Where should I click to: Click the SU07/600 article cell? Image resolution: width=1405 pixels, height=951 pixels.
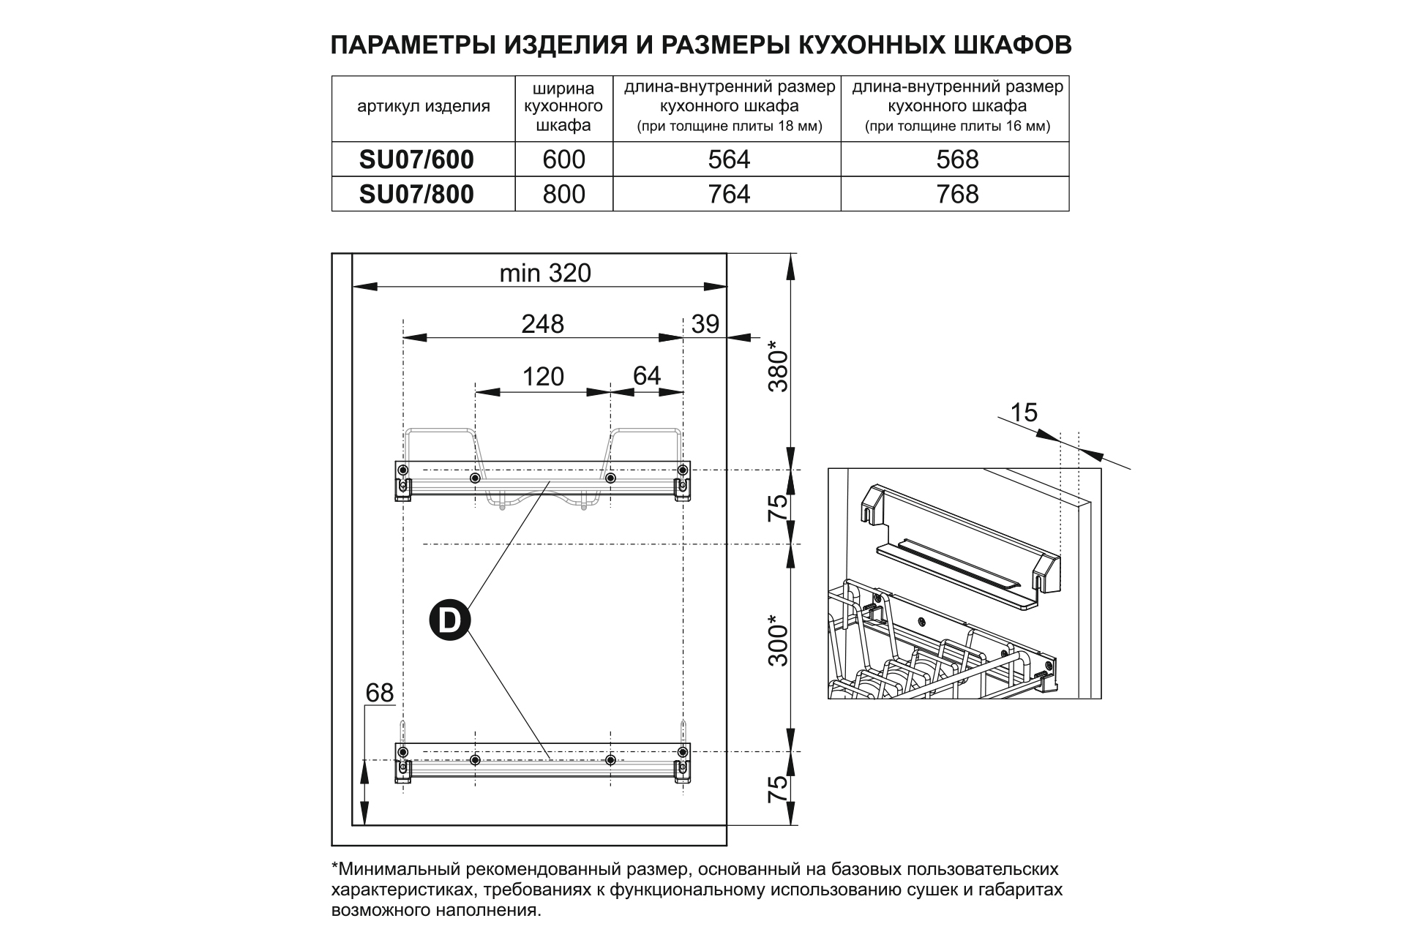416,159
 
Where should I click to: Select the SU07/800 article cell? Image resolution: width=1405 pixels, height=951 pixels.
416,194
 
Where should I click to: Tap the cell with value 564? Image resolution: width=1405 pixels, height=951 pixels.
729,159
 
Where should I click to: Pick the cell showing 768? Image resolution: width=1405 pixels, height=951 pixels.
957,194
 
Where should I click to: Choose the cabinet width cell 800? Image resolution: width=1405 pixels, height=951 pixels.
564,194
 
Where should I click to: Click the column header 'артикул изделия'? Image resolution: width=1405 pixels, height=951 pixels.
423,107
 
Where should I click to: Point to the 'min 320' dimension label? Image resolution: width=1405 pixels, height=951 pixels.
544,273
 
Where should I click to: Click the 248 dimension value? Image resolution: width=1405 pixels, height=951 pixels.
542,323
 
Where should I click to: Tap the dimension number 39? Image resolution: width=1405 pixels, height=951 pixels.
705,323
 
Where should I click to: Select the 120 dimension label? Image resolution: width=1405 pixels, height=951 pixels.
543,376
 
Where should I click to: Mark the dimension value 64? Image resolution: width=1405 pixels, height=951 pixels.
646,375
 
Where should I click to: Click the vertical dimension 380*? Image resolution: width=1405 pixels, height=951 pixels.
779,367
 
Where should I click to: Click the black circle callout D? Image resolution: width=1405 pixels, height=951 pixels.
449,620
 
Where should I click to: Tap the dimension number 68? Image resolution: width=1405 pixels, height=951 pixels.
379,692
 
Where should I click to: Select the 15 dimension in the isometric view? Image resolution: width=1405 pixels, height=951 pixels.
1023,413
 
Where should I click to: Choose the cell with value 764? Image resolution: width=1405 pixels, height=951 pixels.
729,194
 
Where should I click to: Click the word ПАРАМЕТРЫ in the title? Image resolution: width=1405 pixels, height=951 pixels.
413,45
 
